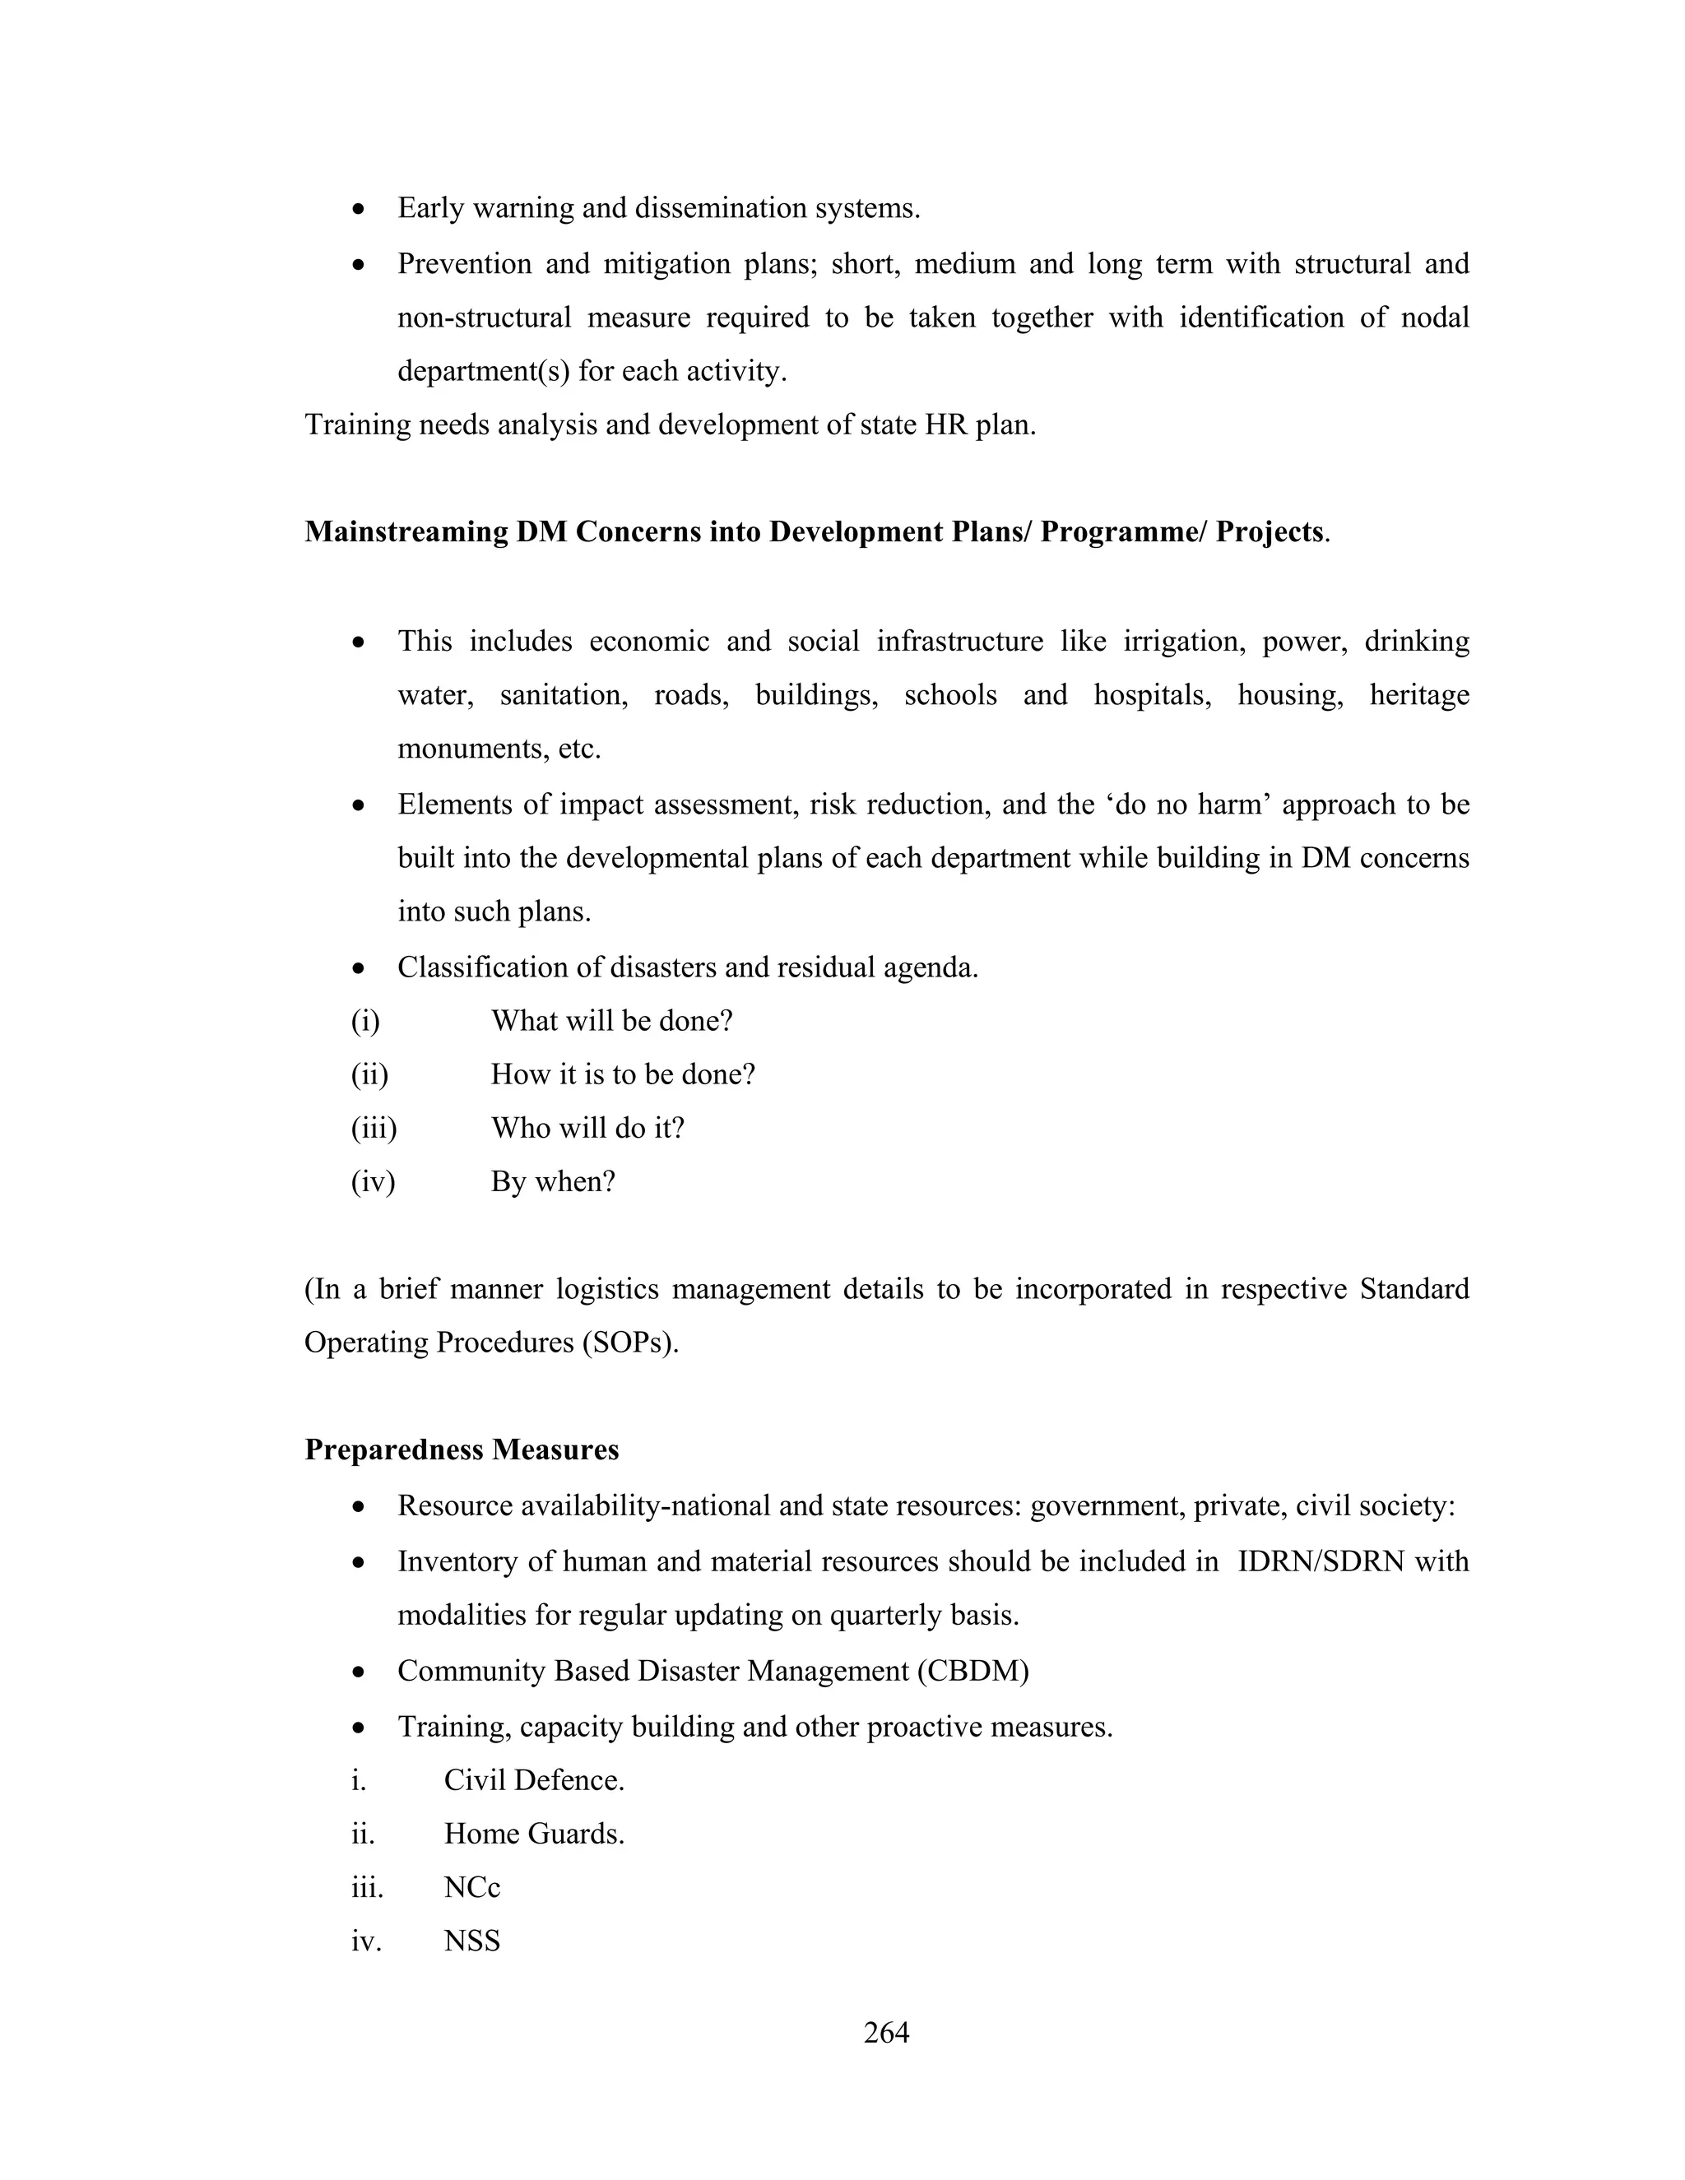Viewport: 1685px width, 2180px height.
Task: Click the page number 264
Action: [885, 2031]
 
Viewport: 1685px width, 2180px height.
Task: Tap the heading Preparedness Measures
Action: [462, 1449]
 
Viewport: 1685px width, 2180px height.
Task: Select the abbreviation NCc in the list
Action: [471, 1887]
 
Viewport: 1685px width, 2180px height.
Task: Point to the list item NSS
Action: [471, 1941]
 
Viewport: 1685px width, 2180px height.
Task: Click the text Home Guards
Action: [534, 1834]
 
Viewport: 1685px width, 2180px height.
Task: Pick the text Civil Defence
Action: [534, 1779]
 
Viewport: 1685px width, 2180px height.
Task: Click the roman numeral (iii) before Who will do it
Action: [374, 1128]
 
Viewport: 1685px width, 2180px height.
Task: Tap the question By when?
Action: [553, 1182]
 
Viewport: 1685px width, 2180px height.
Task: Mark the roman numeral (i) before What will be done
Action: [365, 1021]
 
